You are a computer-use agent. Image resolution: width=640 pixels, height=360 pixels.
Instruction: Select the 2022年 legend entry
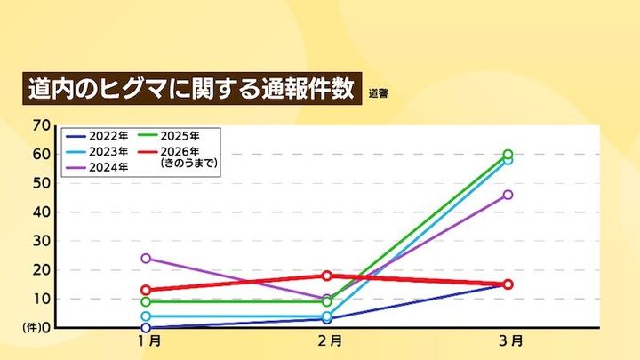click(99, 137)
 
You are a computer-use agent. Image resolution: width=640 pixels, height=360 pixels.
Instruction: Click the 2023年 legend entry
click(99, 151)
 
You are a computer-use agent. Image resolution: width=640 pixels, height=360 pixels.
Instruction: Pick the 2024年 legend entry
click(99, 166)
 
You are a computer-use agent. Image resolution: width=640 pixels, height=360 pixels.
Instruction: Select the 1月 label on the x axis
click(148, 340)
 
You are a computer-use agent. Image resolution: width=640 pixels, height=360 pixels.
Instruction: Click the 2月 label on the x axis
click(328, 340)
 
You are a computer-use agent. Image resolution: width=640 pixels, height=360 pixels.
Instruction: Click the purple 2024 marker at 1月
click(146, 259)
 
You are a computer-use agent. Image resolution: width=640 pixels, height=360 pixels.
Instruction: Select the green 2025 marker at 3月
click(508, 154)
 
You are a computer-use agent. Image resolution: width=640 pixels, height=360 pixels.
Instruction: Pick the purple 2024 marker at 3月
click(508, 195)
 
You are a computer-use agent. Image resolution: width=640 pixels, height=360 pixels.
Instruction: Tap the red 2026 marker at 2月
click(327, 276)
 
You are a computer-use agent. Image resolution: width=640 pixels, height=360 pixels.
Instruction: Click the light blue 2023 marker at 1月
click(146, 316)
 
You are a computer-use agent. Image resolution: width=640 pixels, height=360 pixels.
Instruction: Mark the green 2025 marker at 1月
click(146, 301)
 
